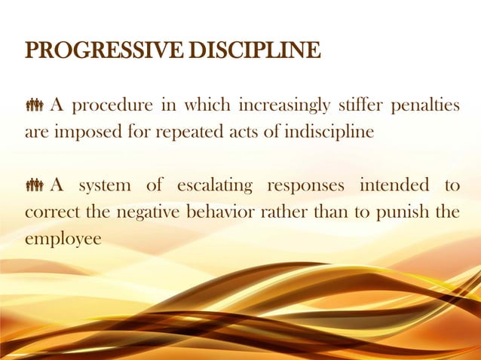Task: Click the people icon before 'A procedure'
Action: point(35,105)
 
